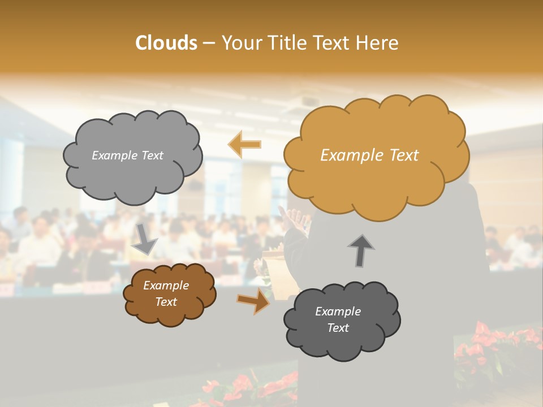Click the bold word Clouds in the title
tap(166, 43)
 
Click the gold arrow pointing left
tap(245, 144)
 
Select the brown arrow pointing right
tap(253, 301)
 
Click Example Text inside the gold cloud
tap(369, 155)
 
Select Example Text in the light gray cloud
tap(127, 155)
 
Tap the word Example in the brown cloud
tap(166, 285)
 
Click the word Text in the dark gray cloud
tap(338, 328)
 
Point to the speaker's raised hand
tap(294, 218)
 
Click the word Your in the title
tap(239, 43)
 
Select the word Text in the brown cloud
tap(166, 302)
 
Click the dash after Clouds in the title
tap(208, 44)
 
